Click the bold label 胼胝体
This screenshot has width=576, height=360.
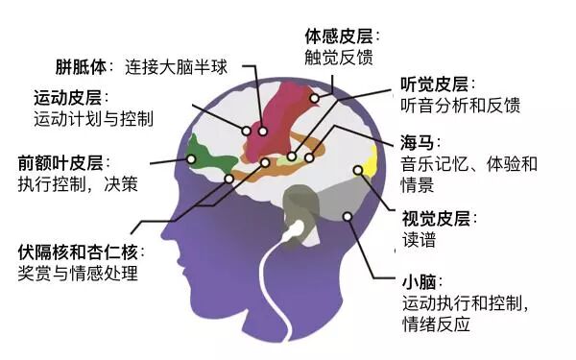pos(81,67)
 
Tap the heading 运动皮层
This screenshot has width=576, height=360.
pos(67,98)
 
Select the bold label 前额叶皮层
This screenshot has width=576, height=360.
pos(60,163)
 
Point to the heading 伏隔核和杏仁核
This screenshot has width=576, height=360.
pos(78,252)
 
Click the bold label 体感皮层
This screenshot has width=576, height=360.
pos(339,36)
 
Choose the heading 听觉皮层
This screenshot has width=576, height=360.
pos(435,84)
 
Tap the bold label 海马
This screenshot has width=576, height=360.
pos(418,143)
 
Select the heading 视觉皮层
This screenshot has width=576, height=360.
pos(436,219)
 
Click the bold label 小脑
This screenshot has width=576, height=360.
pos(420,282)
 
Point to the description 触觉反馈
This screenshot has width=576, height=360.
pos(339,58)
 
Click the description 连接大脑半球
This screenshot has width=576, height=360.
pos(176,67)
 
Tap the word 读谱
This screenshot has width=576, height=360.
pos(420,240)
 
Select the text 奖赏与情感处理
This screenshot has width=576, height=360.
pos(78,274)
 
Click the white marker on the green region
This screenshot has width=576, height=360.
pos(191,159)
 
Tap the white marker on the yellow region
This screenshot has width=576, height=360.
pos(358,170)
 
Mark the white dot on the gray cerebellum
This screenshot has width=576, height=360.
pos(348,216)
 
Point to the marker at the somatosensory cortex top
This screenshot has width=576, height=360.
pos(315,98)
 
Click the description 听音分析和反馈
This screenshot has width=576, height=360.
pos(461,106)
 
